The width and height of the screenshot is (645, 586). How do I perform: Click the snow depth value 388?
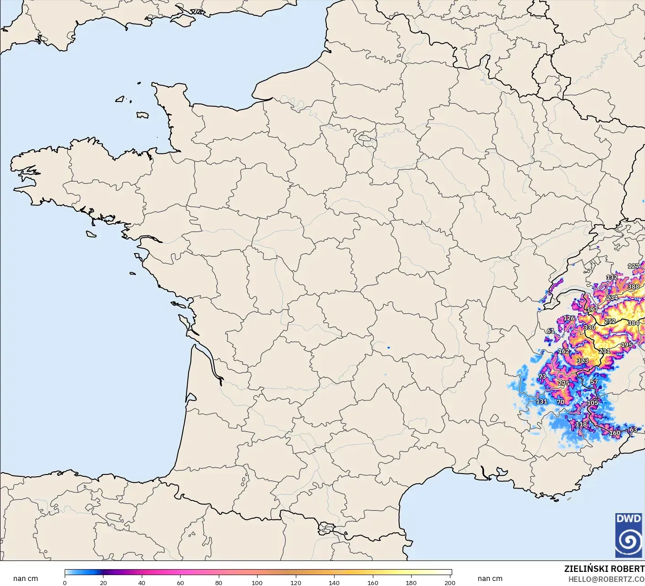633,287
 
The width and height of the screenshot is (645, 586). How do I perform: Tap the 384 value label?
633,323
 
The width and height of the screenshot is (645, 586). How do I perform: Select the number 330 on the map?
589,327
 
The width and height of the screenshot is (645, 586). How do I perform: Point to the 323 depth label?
583,361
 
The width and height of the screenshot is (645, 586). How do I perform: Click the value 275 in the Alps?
563,383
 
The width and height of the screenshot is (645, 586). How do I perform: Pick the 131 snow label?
542,402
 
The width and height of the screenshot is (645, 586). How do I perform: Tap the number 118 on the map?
581,424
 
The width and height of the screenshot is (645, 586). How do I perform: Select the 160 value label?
615,433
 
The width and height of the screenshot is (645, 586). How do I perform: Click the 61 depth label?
551,331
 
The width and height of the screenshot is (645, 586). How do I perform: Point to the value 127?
633,266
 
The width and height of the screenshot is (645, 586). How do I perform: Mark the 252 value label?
610,321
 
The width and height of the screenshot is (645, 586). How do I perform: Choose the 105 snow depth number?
593,403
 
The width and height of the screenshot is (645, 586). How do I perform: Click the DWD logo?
629,535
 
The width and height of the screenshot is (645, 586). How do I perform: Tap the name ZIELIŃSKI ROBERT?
604,569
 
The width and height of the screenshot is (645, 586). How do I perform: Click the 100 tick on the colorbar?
257,583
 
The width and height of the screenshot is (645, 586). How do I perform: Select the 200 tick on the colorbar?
450,583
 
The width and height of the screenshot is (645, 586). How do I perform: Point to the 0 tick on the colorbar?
65,583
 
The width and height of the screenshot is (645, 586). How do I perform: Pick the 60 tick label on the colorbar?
180,583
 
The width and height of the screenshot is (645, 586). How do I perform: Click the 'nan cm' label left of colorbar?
26,579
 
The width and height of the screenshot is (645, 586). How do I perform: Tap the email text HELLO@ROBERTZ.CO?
606,579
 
